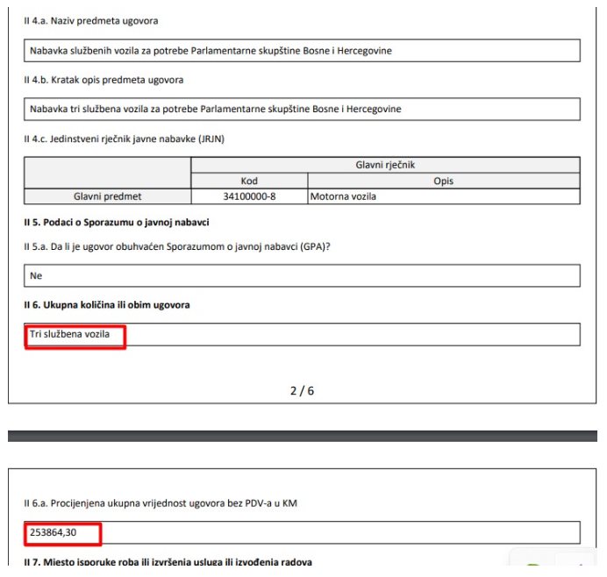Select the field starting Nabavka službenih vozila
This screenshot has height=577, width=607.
[x=211, y=51]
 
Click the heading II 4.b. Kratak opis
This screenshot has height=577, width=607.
[x=104, y=81]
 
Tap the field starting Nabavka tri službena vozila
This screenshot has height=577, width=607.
[x=216, y=110]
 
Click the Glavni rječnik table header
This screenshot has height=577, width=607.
[x=385, y=165]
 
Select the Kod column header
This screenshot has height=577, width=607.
[x=249, y=181]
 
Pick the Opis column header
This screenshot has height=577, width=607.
[x=443, y=181]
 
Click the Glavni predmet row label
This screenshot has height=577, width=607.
[x=108, y=196]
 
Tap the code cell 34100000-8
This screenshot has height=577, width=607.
[x=249, y=196]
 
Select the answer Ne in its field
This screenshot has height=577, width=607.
[x=36, y=275]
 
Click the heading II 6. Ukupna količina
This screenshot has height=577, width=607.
[x=107, y=304]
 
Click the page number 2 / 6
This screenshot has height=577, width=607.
[x=302, y=390]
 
